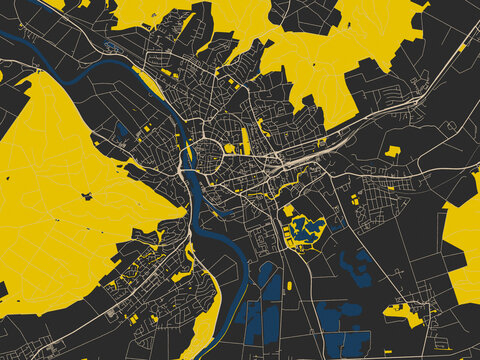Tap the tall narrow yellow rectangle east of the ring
click(x=246, y=140)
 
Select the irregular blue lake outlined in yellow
click(x=307, y=229)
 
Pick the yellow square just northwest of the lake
click(x=288, y=211)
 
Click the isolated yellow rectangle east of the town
click(x=393, y=152)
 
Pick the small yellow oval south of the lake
click(x=290, y=286)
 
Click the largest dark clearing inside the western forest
click(x=87, y=196)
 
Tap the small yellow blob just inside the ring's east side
click(x=229, y=148)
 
